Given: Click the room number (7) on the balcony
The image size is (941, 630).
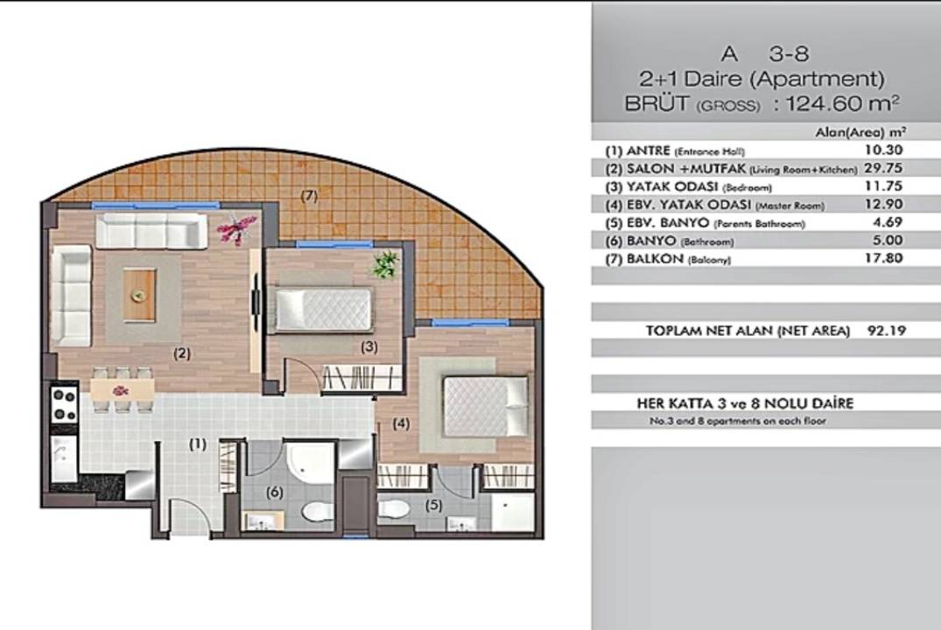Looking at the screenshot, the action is (x=309, y=196).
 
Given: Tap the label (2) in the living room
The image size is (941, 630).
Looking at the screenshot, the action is (x=182, y=353).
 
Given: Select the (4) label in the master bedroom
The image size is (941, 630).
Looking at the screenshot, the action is (x=401, y=423).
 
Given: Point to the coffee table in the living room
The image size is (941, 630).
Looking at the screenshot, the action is (x=139, y=294).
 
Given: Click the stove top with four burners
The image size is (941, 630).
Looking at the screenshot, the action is (x=64, y=405).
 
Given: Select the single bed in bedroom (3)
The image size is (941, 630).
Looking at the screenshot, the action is (x=324, y=310).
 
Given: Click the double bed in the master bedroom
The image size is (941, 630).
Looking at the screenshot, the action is (x=486, y=408).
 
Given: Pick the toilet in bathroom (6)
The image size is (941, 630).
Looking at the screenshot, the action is (x=317, y=513).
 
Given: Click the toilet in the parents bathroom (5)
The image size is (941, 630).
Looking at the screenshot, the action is (x=393, y=509).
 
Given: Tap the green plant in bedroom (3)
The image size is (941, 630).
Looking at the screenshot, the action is (x=384, y=264).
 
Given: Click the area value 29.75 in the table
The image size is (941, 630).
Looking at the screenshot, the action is (x=883, y=168).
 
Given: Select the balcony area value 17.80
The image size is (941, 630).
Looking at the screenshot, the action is (x=883, y=258).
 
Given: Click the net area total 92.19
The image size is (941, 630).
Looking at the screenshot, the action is (x=887, y=330).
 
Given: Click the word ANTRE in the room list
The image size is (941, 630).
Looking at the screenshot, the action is (x=648, y=150).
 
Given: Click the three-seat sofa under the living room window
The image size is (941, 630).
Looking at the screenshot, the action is (x=151, y=230).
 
